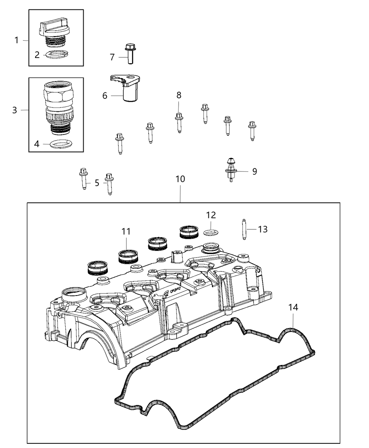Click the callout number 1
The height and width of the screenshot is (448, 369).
tap(17, 40)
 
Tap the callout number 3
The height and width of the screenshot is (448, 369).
tap(14, 110)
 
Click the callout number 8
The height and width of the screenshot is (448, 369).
tap(179, 95)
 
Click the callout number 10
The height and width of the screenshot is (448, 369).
tap(180, 179)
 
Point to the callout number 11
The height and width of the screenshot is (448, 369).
tap(126, 231)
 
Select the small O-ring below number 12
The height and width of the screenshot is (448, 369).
tap(209, 232)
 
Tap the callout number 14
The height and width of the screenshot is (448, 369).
tap(293, 307)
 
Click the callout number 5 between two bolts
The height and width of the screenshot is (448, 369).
tap(97, 183)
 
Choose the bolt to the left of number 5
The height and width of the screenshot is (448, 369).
tap(84, 178)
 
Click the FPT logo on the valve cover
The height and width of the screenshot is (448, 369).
tap(175, 291)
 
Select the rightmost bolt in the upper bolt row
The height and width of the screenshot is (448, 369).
tap(252, 130)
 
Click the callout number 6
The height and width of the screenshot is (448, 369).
tap(105, 95)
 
